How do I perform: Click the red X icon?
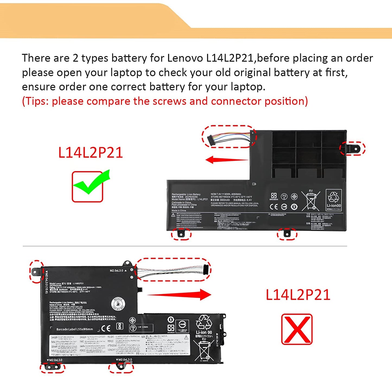tap(297, 329)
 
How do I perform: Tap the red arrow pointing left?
tap(227, 160)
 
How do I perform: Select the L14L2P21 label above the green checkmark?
tap(90, 153)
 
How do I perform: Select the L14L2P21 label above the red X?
tap(298, 295)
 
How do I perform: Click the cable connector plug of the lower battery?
tap(206, 269)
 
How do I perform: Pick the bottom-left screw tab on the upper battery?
tap(181, 234)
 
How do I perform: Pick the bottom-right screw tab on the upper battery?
tap(287, 234)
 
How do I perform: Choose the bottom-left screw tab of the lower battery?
tap(52, 367)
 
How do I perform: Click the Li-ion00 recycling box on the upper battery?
tap(334, 200)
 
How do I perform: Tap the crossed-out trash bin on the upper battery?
tap(311, 201)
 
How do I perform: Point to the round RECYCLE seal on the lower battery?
tap(118, 304)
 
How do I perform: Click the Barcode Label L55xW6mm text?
tap(75, 329)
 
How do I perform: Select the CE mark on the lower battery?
tap(106, 328)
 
